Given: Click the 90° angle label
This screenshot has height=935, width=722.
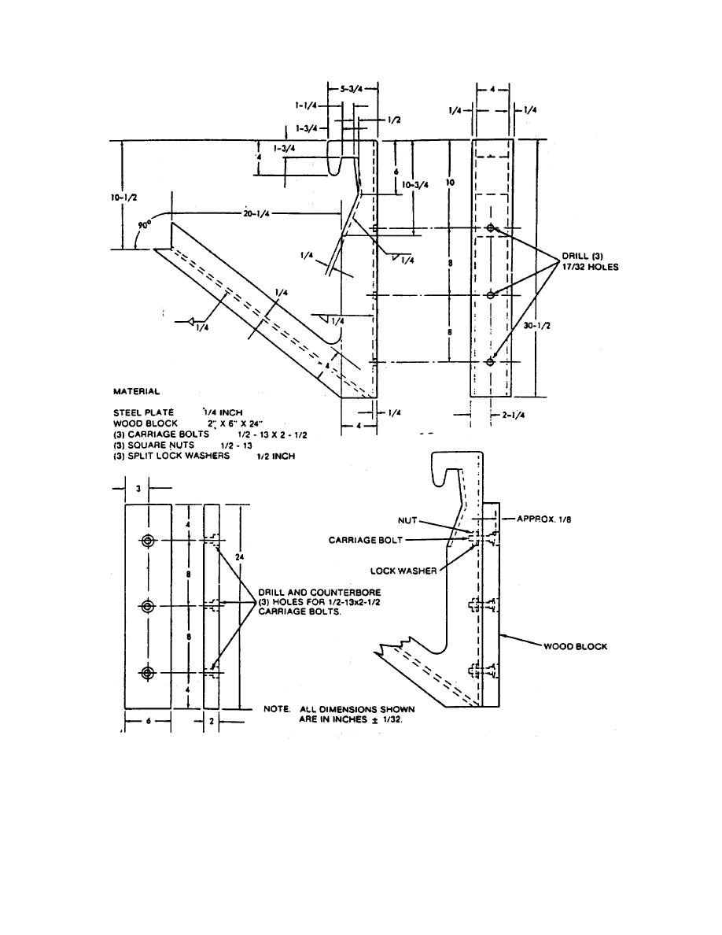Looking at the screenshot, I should [144, 224].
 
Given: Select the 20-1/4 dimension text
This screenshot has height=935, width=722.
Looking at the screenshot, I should [256, 213].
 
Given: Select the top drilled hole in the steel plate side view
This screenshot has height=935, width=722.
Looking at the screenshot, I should [491, 227].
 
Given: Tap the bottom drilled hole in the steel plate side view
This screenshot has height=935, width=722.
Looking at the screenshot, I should [491, 362].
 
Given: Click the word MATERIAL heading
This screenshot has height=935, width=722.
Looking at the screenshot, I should [136, 391].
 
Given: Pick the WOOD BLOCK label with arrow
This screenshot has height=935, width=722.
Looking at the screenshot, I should [575, 646].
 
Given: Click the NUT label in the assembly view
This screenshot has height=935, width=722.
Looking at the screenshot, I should [408, 520].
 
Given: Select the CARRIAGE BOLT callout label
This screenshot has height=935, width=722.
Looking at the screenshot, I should [365, 540].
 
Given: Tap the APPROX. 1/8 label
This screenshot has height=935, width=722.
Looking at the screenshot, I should [547, 519].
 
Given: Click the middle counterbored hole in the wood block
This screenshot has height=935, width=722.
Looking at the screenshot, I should [148, 605].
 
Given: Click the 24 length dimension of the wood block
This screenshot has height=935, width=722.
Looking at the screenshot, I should [238, 556].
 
